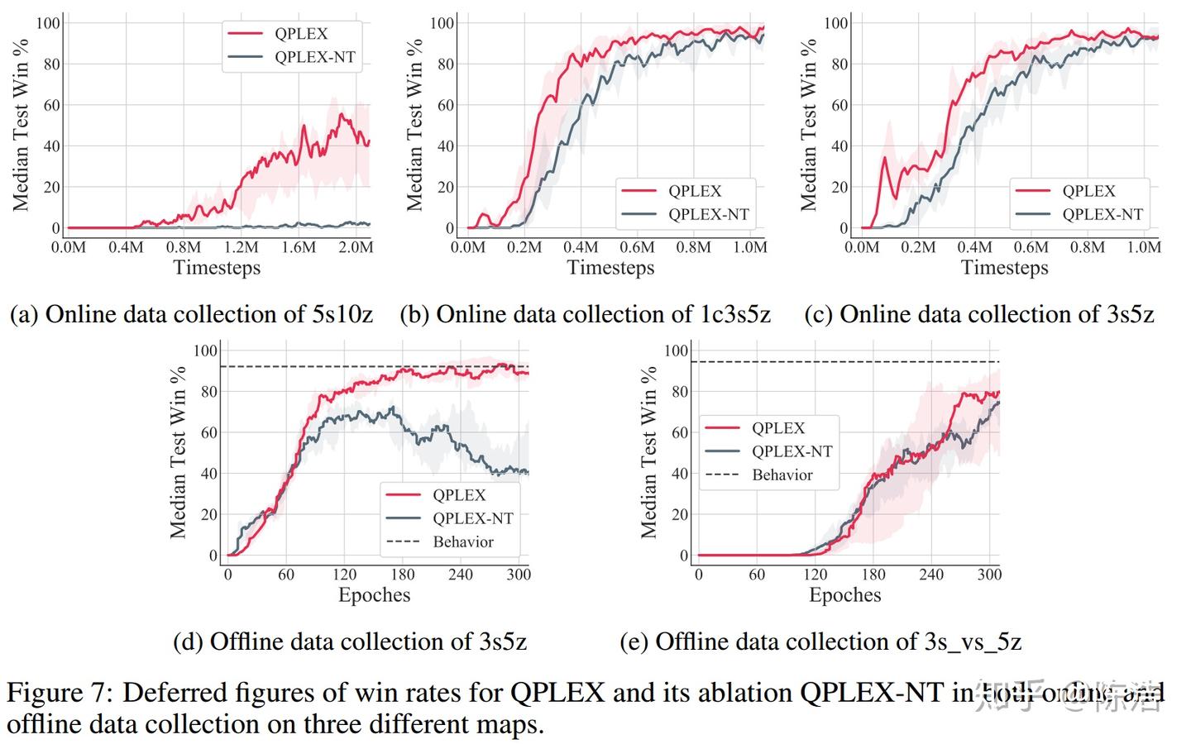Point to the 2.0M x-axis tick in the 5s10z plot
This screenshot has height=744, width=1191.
(356, 247)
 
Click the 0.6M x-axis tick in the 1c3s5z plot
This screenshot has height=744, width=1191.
(637, 247)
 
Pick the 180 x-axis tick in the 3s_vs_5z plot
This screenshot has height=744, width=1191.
(873, 575)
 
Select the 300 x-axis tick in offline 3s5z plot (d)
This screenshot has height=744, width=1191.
(518, 575)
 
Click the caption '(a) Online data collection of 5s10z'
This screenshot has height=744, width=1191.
(191, 314)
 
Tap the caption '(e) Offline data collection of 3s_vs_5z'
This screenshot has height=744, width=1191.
(820, 641)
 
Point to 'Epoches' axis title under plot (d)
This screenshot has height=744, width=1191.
(374, 595)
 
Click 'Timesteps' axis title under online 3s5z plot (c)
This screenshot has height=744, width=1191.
(1004, 268)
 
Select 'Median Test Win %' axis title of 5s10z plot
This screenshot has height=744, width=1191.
(21, 124)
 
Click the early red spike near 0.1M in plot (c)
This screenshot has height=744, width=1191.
(884, 159)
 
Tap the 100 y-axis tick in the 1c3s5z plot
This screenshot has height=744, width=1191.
(442, 23)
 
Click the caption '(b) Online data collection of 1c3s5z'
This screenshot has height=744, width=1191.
(585, 314)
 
